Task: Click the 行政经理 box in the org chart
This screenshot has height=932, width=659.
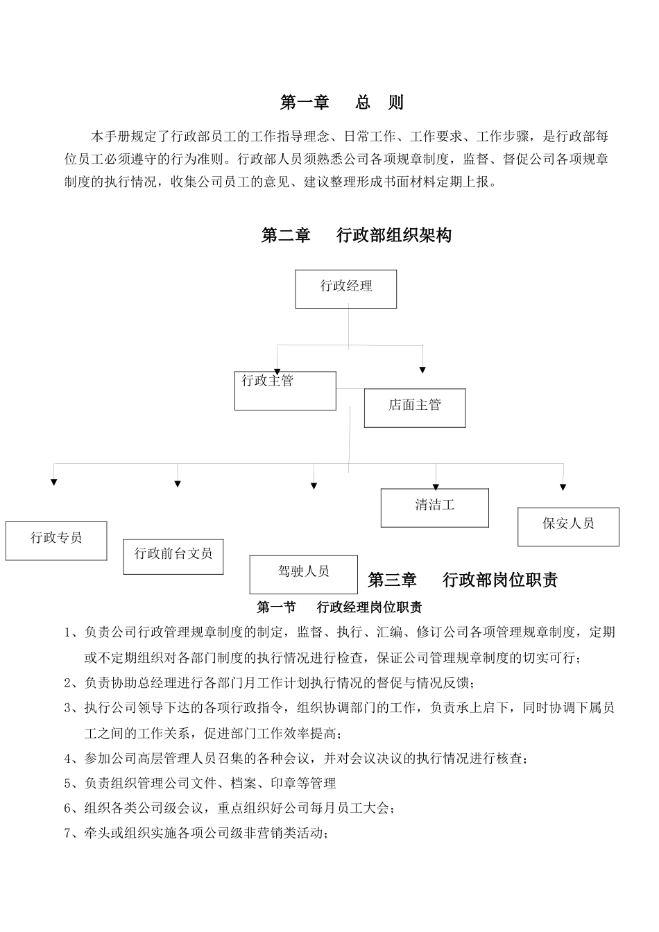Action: click(x=345, y=288)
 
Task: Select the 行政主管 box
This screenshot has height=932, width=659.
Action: click(x=285, y=390)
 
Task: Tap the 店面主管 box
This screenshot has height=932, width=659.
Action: click(x=415, y=407)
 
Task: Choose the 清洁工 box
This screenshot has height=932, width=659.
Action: click(x=434, y=508)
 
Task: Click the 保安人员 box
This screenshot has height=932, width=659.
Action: click(x=568, y=526)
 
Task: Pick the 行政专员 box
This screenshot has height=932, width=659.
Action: click(x=56, y=540)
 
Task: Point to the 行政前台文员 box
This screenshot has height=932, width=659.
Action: click(x=173, y=556)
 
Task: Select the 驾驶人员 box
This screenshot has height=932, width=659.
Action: click(x=304, y=573)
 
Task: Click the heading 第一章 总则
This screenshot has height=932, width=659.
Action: click(x=341, y=103)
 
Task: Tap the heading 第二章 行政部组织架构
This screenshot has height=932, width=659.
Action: click(x=356, y=235)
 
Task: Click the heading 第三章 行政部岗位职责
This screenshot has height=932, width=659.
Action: click(x=463, y=580)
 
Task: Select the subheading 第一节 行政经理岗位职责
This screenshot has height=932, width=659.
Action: click(x=339, y=607)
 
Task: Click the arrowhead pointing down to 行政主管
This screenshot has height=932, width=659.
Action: click(x=277, y=370)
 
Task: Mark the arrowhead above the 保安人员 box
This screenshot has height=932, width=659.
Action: click(x=563, y=487)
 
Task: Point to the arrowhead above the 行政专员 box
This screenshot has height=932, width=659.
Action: click(x=54, y=482)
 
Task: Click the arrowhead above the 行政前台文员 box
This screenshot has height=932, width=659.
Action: click(x=178, y=483)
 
